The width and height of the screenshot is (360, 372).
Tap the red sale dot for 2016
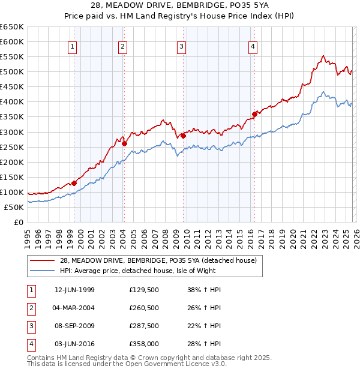point(254,114)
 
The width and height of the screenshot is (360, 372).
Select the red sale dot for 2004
point(124,143)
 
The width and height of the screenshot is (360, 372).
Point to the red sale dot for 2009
point(183,136)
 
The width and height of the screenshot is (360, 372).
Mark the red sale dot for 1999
point(74,183)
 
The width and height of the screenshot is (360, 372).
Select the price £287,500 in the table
point(143,326)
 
